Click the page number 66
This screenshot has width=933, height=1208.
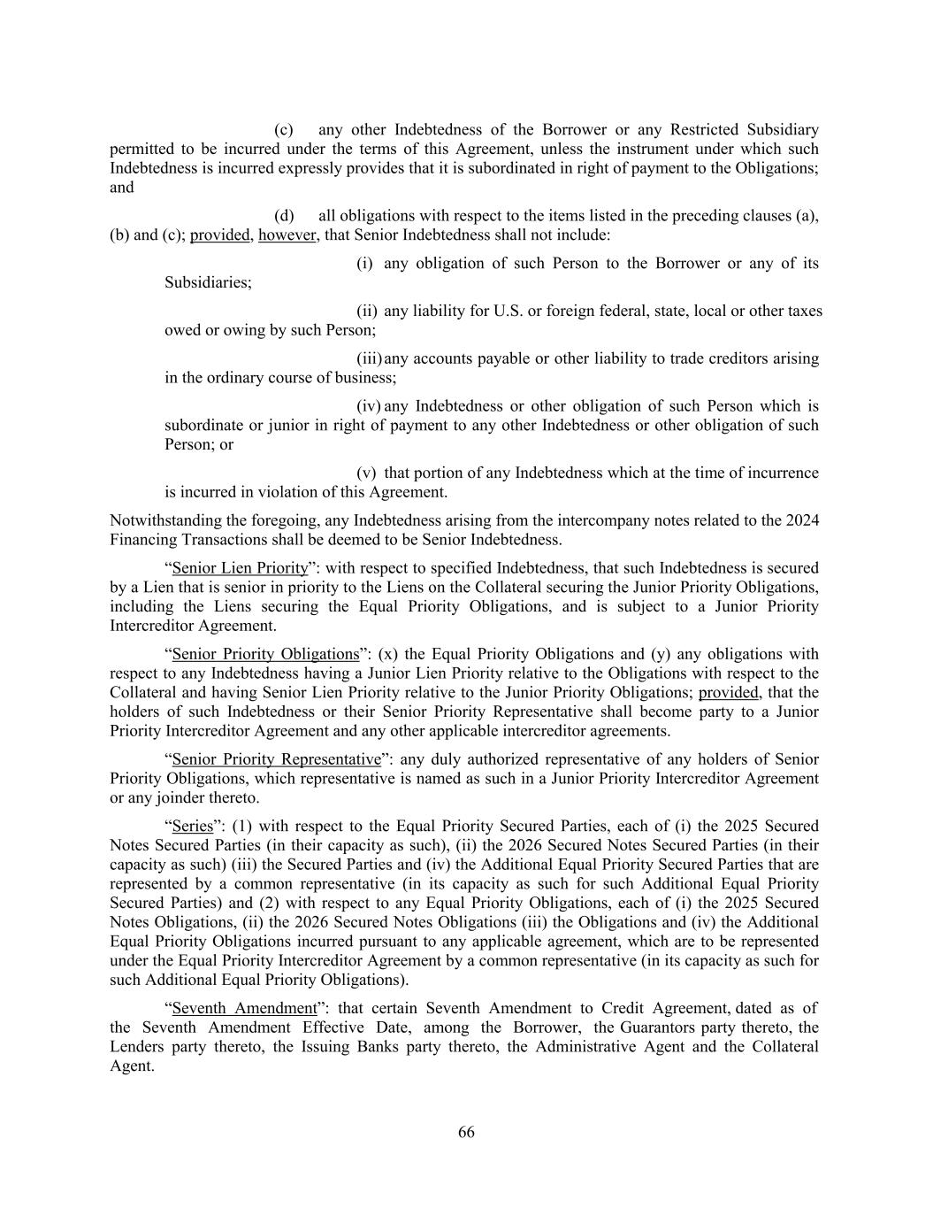click(466, 1133)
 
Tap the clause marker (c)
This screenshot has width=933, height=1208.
click(284, 130)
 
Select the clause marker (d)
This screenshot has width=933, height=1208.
click(284, 216)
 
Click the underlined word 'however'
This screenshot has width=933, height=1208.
click(287, 235)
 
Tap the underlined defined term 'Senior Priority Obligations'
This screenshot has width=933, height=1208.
click(264, 655)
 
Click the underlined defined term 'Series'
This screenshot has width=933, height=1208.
click(193, 827)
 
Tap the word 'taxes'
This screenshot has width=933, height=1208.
click(803, 312)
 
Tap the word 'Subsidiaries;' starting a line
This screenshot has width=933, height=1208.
click(208, 283)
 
